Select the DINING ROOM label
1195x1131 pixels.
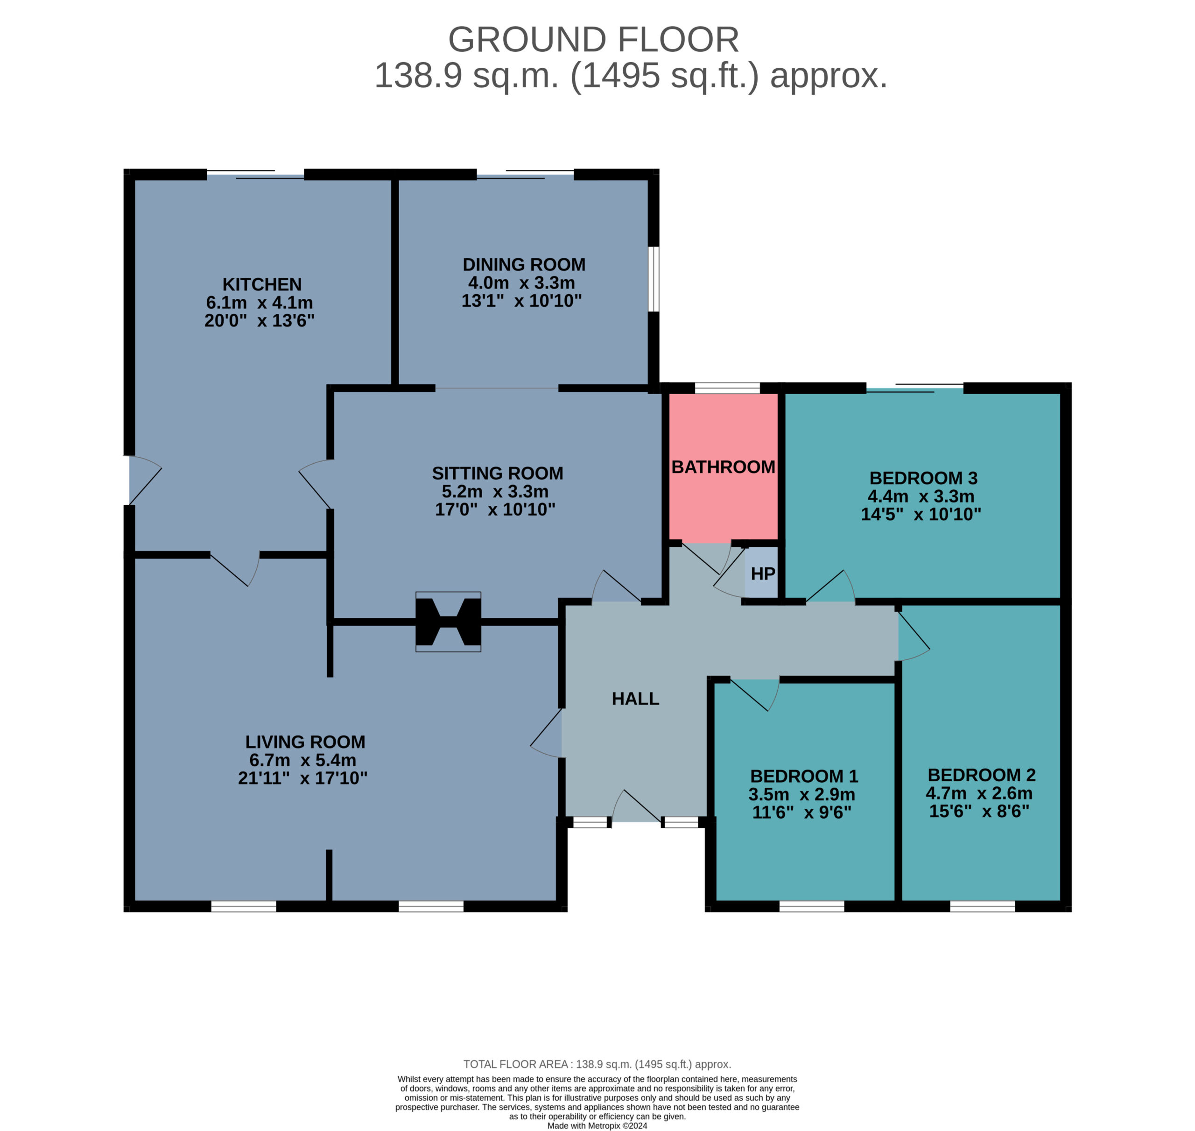click(x=524, y=265)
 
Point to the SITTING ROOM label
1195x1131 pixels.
click(x=497, y=473)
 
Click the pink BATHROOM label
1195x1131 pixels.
click(x=723, y=467)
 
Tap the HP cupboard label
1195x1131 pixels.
click(x=763, y=573)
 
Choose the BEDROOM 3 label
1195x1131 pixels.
click(x=923, y=478)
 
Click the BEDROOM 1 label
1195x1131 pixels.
click(x=804, y=776)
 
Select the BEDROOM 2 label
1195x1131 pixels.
click(x=982, y=775)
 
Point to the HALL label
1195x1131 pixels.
click(x=635, y=699)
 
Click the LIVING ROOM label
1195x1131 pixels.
click(x=305, y=742)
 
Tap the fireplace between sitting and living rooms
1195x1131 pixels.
click(x=448, y=622)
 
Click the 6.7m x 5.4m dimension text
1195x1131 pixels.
click(x=302, y=760)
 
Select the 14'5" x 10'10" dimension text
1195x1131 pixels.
click(x=921, y=514)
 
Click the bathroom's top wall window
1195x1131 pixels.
click(x=727, y=388)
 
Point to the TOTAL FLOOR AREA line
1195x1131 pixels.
click(x=597, y=1065)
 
